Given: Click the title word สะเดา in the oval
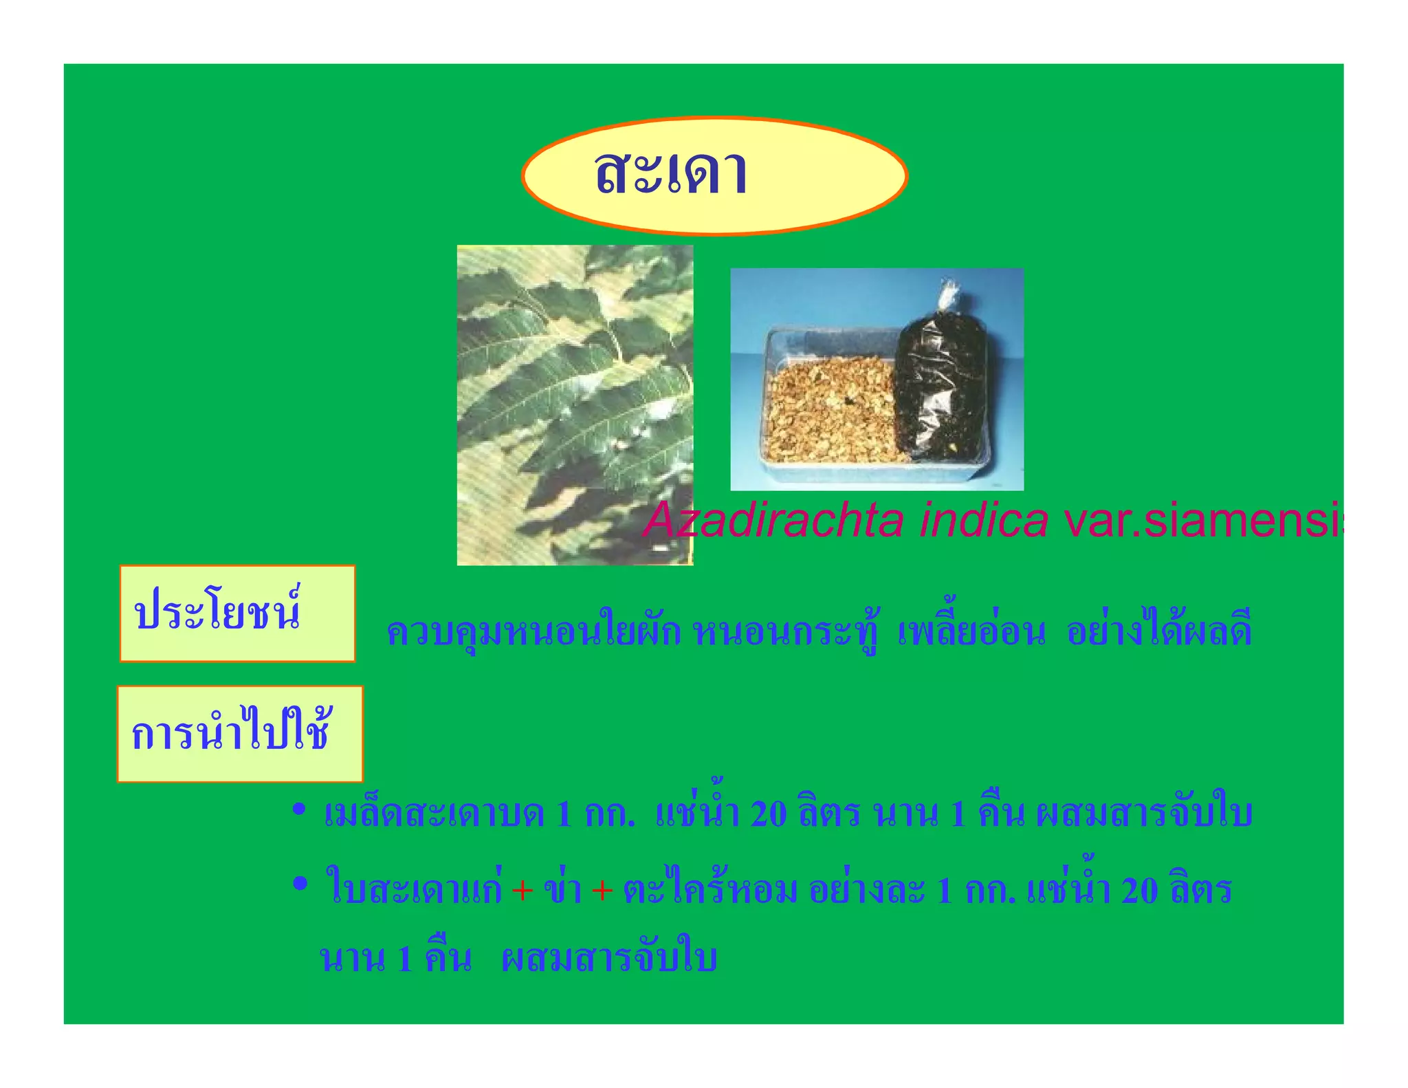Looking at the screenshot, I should coord(671,173).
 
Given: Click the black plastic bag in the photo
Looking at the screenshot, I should coord(939,385).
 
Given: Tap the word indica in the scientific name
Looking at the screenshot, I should coord(984,521).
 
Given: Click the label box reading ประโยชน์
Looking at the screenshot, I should coord(237,613).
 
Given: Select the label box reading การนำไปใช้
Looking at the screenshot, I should coord(239,734).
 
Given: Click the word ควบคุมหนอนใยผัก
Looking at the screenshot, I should coord(533,631).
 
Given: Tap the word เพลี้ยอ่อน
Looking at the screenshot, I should coord(971,631).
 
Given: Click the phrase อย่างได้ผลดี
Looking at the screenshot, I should coord(1159,631).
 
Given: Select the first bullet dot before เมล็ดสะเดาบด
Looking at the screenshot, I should coord(298,809).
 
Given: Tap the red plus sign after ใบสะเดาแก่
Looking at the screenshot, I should coord(522,891).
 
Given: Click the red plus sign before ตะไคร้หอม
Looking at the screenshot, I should coord(602,891).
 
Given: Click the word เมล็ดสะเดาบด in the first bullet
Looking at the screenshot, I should coord(434,814).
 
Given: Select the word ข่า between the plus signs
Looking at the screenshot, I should coord(562,889).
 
